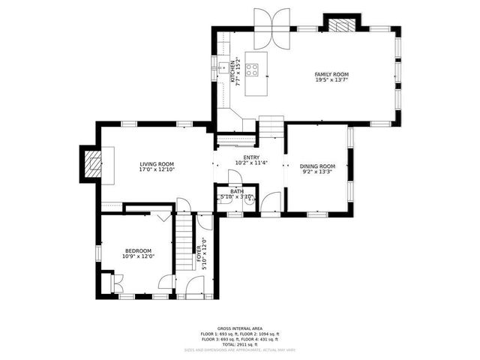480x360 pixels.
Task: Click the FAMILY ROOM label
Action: click(x=331, y=73)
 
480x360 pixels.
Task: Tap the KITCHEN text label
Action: click(x=234, y=71)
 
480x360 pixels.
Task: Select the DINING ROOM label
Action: click(x=317, y=166)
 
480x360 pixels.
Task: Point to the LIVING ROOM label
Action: click(x=157, y=164)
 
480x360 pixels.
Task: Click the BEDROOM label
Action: click(x=138, y=250)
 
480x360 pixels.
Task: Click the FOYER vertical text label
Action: click(x=199, y=255)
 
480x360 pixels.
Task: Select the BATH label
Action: click(x=237, y=191)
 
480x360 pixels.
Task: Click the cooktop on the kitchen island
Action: click(x=253, y=71)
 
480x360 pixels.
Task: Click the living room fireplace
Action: click(x=92, y=164)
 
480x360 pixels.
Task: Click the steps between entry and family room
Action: click(x=271, y=127)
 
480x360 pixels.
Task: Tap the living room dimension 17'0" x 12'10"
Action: click(x=157, y=170)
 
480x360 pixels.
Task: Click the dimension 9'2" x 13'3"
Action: click(x=317, y=172)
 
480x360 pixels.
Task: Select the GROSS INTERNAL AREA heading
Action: click(x=239, y=328)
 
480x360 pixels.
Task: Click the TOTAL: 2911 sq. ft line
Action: click(x=239, y=343)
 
